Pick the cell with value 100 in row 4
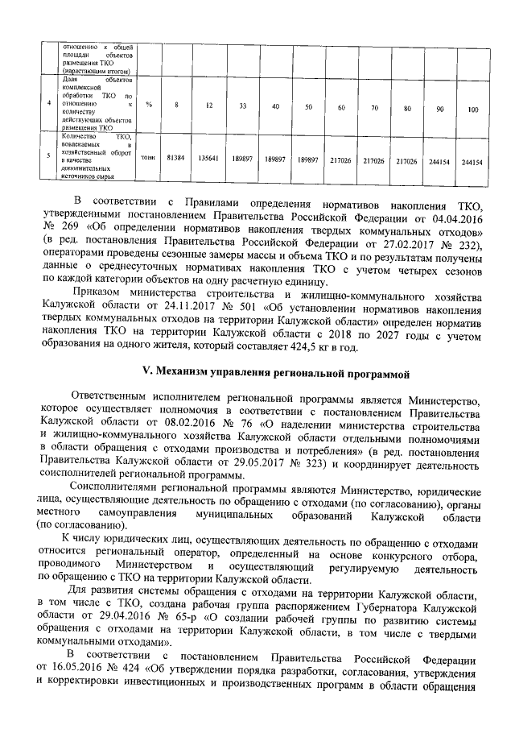pyautogui.click(x=472, y=108)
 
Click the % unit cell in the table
pyautogui.click(x=149, y=106)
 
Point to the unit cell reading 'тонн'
pyautogui.click(x=149, y=160)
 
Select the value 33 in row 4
pyautogui.click(x=242, y=107)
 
